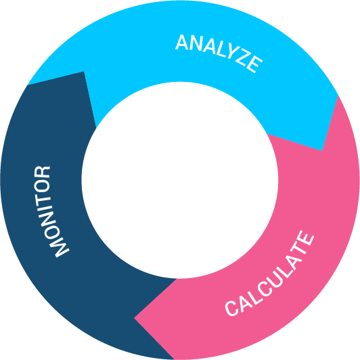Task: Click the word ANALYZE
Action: click(x=219, y=53)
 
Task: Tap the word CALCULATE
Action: click(x=269, y=273)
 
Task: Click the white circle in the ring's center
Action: click(x=180, y=180)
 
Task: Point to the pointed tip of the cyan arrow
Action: click(x=322, y=151)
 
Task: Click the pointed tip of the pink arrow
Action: click(x=134, y=318)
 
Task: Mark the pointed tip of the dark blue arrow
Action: click(x=84, y=72)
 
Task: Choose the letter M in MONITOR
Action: click(x=60, y=246)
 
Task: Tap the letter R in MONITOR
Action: click(x=42, y=173)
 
